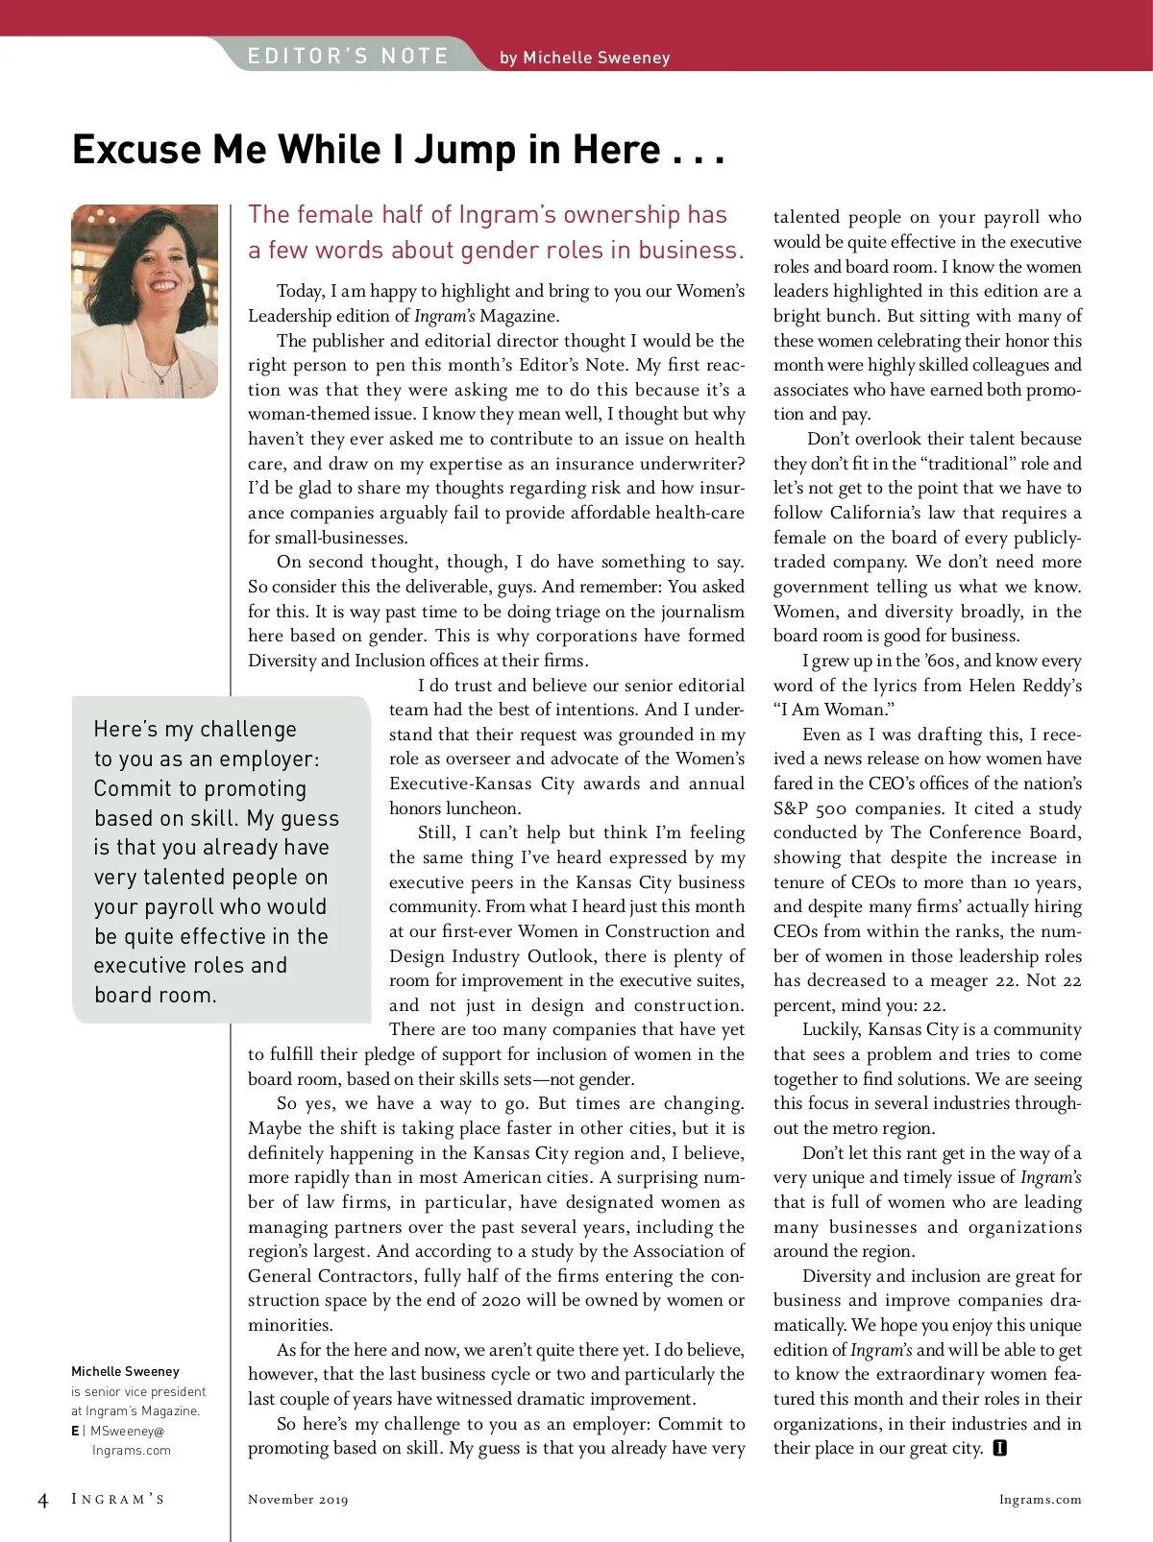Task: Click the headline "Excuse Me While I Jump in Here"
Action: [x=398, y=151]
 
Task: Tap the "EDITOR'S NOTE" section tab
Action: [x=348, y=56]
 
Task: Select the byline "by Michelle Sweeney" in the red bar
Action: [x=584, y=58]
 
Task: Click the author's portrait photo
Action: [x=144, y=301]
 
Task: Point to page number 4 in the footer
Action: [x=42, y=1501]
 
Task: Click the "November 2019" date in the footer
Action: [x=298, y=1500]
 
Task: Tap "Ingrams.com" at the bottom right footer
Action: [x=1040, y=1500]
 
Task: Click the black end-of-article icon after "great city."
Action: [x=999, y=1448]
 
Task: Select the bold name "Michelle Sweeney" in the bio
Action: [x=125, y=1371]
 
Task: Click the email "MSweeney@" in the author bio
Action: [x=127, y=1431]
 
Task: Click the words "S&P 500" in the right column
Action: [x=810, y=808]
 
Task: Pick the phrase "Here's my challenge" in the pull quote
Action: [x=195, y=730]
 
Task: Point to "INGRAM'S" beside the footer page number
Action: [x=118, y=1500]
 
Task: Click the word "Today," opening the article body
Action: [x=299, y=291]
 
